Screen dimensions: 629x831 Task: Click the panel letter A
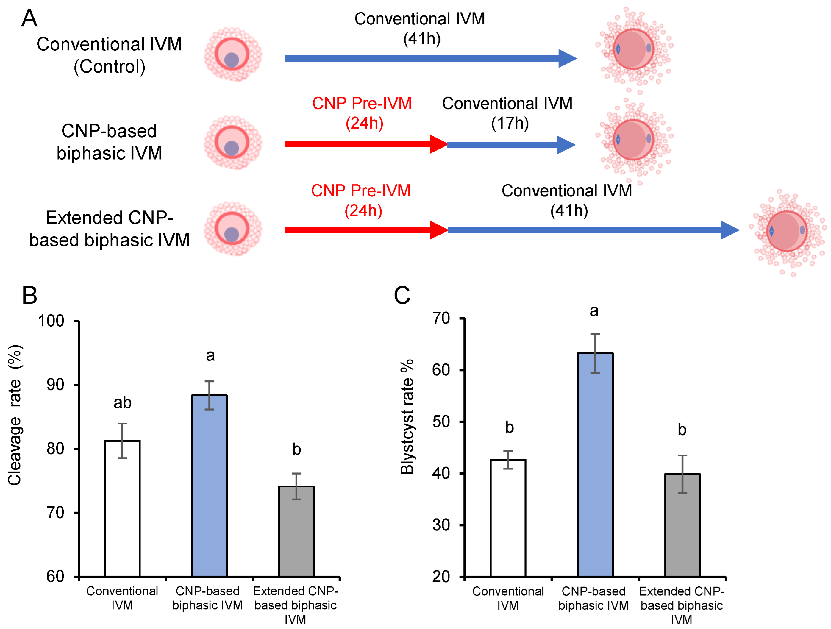(x=29, y=18)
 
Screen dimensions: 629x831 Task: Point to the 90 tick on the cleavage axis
(x=55, y=385)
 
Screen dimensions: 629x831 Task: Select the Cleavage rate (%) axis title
(x=15, y=415)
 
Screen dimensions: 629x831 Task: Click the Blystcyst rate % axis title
(x=407, y=417)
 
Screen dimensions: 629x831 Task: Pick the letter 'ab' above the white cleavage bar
(x=122, y=403)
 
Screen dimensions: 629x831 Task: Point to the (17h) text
(x=510, y=123)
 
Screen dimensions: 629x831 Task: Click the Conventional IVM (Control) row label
(x=109, y=55)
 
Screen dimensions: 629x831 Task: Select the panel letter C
(x=402, y=295)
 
